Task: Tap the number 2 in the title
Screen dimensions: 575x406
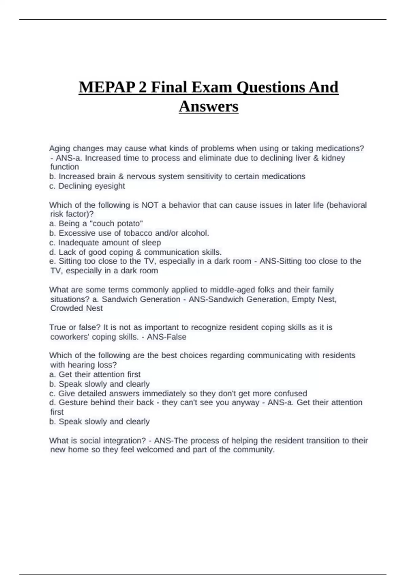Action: (143, 88)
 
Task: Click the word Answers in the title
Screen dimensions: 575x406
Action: (208, 107)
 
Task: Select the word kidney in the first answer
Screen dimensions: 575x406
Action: (333, 158)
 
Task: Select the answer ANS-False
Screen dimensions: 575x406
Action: (166, 337)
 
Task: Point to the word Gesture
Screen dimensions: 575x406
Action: (73, 402)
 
